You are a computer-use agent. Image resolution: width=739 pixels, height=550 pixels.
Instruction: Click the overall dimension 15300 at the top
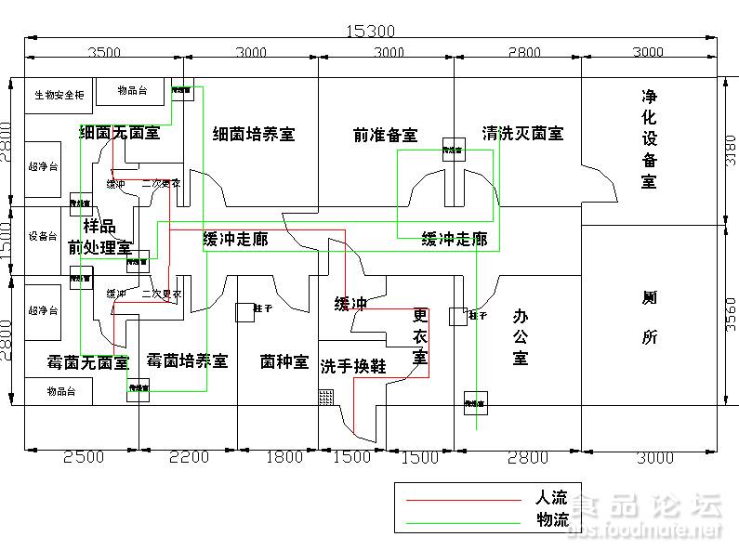(x=370, y=32)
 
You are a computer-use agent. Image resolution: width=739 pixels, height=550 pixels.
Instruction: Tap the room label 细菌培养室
(x=253, y=134)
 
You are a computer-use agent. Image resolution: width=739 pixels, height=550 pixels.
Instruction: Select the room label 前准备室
(x=385, y=135)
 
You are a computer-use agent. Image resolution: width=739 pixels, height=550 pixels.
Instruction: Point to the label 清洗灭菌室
(x=522, y=133)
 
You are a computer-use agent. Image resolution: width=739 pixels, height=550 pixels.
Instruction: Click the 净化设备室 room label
(x=649, y=138)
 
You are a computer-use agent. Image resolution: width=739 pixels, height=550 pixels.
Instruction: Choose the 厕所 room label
(x=649, y=317)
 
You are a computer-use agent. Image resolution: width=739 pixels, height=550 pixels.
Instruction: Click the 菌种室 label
(x=284, y=361)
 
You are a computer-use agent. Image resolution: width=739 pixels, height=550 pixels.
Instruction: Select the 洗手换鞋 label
(x=352, y=366)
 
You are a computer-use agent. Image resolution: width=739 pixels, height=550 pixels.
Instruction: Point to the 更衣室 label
(x=420, y=336)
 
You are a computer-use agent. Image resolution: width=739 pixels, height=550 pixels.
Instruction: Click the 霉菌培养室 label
(x=187, y=360)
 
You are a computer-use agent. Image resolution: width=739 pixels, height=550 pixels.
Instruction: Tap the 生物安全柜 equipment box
(x=59, y=95)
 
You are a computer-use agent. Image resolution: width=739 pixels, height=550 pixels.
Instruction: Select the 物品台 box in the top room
(x=132, y=90)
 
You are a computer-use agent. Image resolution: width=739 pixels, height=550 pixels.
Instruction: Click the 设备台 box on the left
(x=43, y=236)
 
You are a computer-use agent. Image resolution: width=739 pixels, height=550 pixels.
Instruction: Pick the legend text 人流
(x=552, y=498)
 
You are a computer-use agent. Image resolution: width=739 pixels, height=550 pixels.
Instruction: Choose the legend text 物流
(x=552, y=519)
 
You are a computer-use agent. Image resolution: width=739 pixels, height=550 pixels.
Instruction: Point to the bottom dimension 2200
(x=190, y=456)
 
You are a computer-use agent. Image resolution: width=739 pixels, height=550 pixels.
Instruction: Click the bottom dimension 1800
(x=284, y=456)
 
